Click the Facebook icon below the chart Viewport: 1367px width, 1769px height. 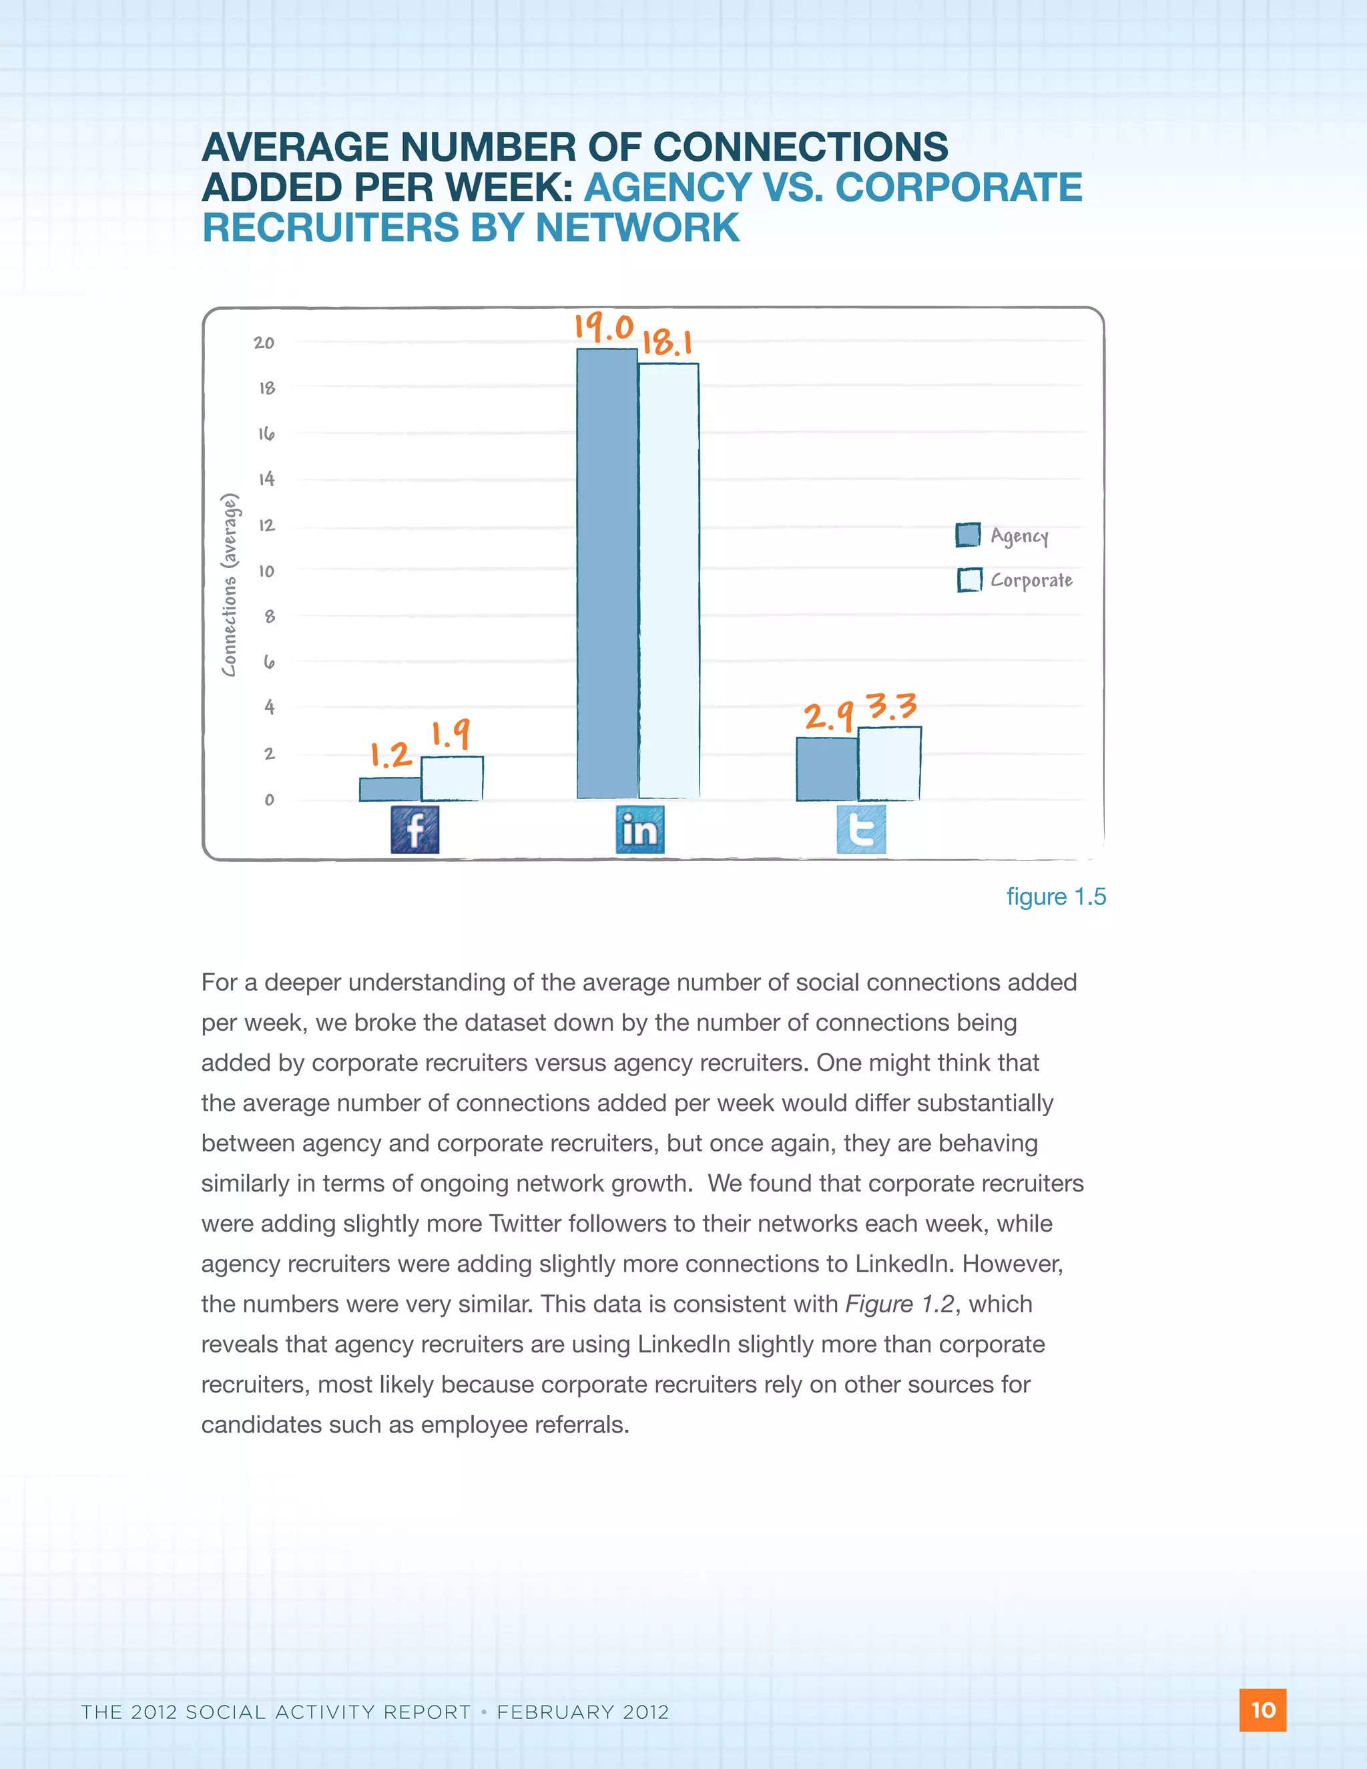415,829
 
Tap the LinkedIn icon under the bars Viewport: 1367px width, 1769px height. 639,829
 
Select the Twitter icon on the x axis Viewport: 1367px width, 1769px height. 861,829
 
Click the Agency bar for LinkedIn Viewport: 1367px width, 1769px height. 607,573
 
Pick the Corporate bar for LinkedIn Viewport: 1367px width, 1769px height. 669,580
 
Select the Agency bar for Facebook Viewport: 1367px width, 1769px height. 390,789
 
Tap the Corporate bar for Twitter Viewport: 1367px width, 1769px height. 889,764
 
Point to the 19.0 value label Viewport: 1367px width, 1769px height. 604,327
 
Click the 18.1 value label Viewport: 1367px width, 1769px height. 667,342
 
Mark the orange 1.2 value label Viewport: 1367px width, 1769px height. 391,755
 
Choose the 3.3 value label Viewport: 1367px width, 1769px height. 892,706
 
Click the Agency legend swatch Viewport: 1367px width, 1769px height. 968,535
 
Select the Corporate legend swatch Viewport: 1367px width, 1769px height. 969,580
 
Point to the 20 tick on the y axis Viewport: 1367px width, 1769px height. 264,342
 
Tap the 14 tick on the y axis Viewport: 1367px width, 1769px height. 266,479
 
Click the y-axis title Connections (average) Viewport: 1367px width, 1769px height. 230,584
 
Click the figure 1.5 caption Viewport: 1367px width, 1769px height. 1055,897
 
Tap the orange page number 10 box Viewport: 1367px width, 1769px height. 1262,1710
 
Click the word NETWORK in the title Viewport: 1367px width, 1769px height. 637,228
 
